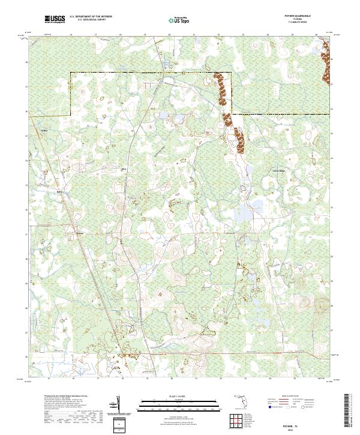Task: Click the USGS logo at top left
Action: (55, 19)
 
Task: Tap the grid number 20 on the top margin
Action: (170, 35)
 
